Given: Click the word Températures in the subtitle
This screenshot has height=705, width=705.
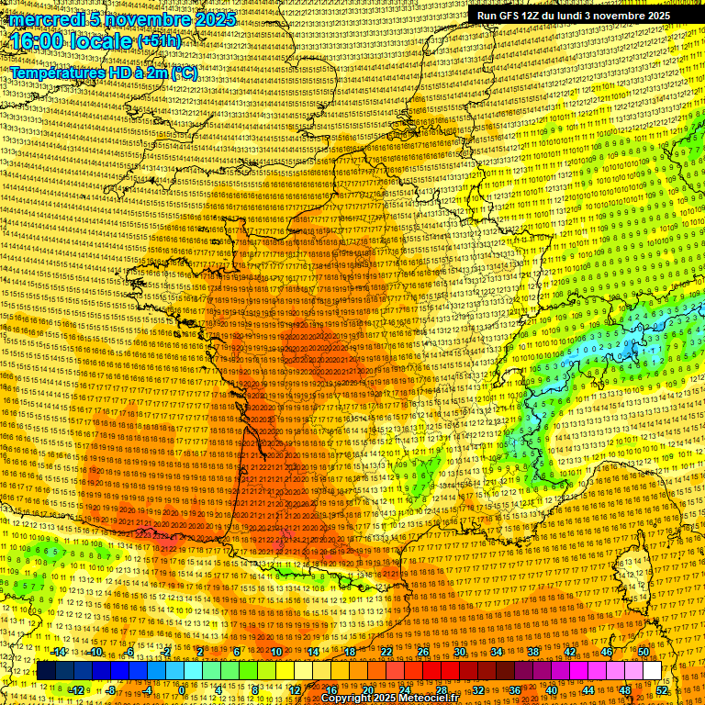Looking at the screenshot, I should (57, 73).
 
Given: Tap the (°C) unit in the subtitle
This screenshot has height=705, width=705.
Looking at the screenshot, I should (183, 73).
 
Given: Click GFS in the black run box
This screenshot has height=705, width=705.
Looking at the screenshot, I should (512, 16).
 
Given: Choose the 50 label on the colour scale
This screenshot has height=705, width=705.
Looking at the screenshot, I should (643, 652).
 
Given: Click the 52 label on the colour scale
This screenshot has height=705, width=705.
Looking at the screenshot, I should (662, 689).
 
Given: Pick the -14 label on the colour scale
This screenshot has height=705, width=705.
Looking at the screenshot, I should (60, 652).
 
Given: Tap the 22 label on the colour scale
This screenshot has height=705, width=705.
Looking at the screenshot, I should (386, 652).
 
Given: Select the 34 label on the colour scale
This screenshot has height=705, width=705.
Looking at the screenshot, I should (497, 652).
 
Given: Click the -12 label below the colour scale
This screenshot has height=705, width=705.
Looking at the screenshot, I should (77, 689).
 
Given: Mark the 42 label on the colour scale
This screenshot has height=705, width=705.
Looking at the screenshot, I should (570, 652).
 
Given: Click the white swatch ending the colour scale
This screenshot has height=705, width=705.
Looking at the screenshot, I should (652, 671).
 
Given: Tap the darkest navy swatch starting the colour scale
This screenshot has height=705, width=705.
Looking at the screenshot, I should (46, 671).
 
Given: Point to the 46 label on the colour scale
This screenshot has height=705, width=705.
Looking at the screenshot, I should (607, 652).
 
